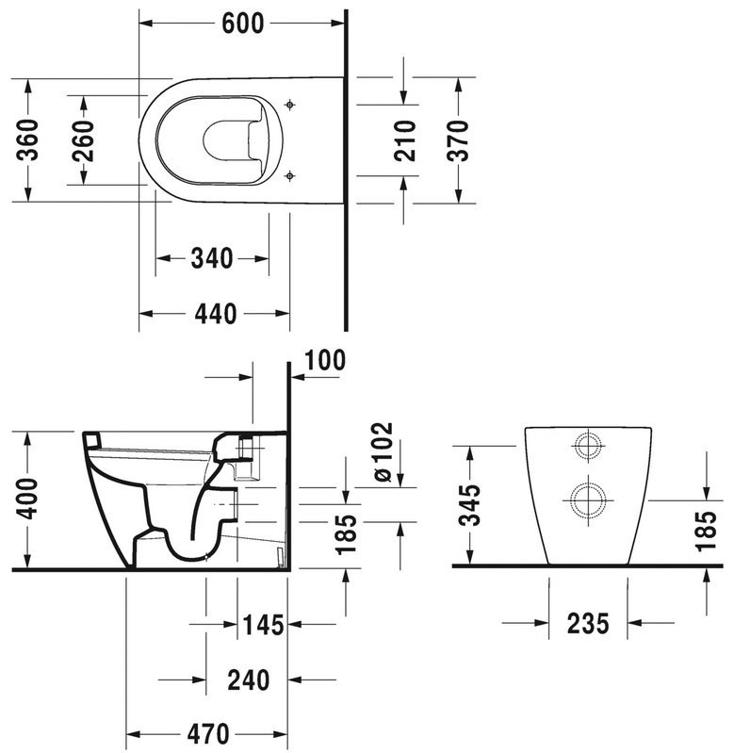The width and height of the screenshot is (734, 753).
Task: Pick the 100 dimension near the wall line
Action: [325, 359]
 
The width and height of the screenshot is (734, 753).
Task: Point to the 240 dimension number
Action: [249, 679]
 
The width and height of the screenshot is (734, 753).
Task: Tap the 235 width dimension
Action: [589, 623]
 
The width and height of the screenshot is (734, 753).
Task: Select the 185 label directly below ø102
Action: [348, 533]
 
